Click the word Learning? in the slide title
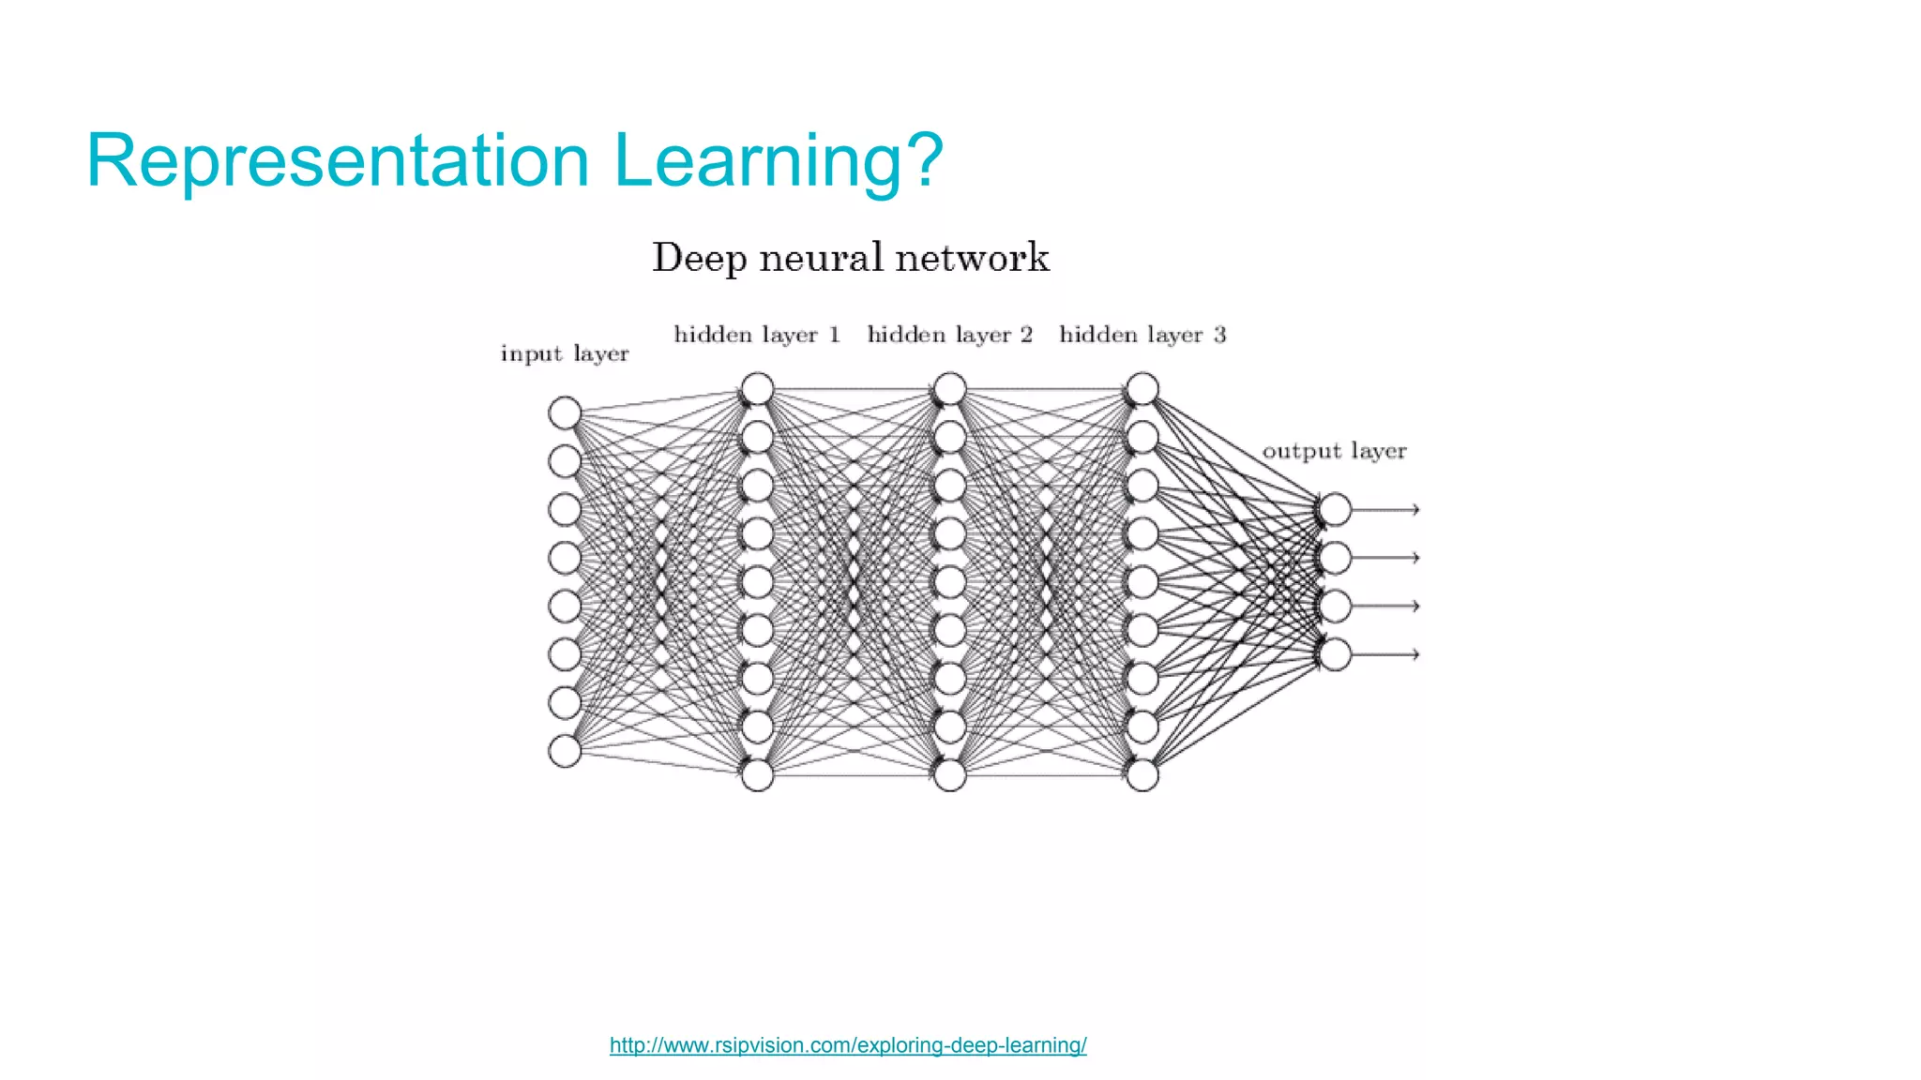click(779, 161)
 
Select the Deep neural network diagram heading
click(850, 258)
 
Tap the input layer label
click(564, 354)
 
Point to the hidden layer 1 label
click(756, 335)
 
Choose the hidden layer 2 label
click(949, 335)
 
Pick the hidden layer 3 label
click(1142, 335)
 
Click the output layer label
click(1334, 451)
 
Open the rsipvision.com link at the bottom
click(848, 1045)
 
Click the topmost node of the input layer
click(565, 412)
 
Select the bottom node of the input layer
click(565, 751)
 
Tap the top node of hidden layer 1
click(757, 388)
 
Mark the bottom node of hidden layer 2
click(950, 775)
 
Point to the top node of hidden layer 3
click(1142, 388)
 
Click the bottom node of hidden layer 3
click(1142, 775)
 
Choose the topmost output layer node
click(1335, 509)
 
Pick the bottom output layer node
click(1335, 654)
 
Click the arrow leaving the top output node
click(1385, 509)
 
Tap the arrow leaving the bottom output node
click(1385, 654)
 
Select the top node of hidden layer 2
click(950, 388)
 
